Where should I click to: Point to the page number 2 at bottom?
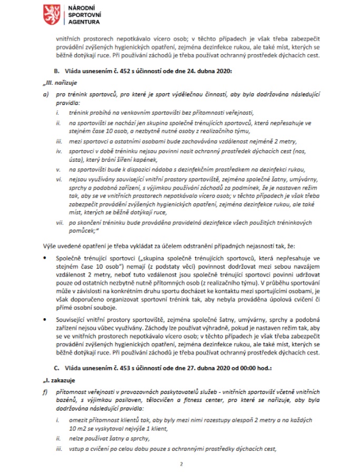(180, 464)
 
